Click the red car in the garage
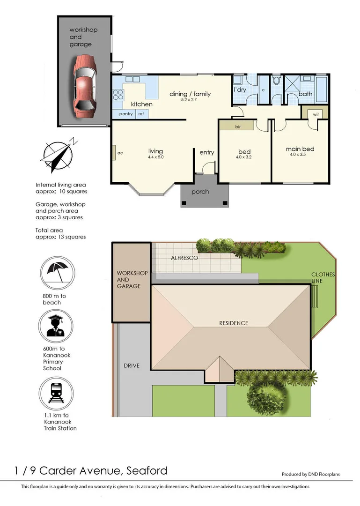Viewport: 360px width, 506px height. coord(84,86)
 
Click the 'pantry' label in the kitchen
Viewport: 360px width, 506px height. coord(126,114)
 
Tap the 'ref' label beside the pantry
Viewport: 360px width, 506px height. coord(140,114)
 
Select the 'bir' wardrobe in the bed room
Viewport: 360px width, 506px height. coord(237,126)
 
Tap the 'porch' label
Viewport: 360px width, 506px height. coord(200,192)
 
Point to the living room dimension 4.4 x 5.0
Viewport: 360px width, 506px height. coord(155,157)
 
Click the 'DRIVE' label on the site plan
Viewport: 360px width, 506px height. coord(132,365)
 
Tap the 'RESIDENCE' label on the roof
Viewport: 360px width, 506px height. coord(234,323)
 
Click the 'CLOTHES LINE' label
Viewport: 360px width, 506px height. coord(323,278)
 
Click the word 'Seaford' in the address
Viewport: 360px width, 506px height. coord(147,470)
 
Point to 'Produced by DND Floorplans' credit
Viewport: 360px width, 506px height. coord(310,475)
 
